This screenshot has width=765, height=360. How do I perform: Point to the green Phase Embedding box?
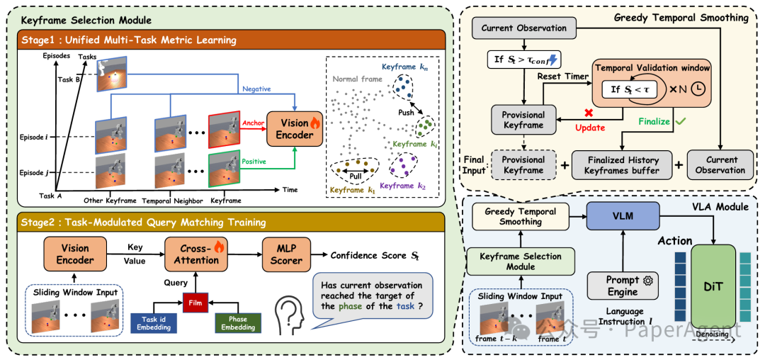click(x=239, y=322)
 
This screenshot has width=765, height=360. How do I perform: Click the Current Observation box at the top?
click(x=523, y=28)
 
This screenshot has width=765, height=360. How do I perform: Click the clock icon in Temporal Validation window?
click(x=698, y=90)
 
